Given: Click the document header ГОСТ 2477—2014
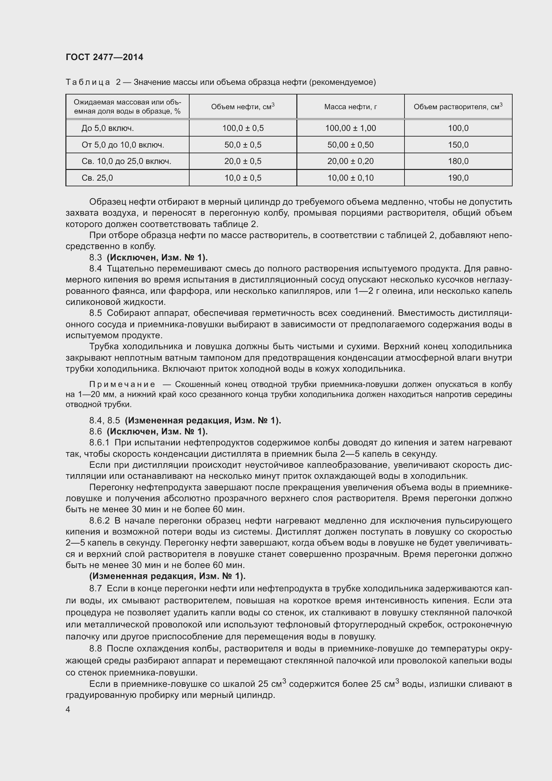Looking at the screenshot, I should click(x=104, y=57).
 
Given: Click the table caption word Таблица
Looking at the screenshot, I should click(x=88, y=82).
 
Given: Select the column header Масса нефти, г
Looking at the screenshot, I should click(x=350, y=107).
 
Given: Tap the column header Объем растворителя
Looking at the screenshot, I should click(x=458, y=107).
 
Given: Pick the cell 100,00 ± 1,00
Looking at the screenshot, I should click(x=350, y=128).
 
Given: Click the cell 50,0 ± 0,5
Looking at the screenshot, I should click(x=243, y=145).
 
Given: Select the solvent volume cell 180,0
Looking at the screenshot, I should click(x=458, y=161).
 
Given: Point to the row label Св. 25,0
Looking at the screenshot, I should click(x=97, y=178).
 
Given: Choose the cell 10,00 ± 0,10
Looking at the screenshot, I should click(x=350, y=178).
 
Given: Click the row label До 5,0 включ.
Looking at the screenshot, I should click(x=107, y=128).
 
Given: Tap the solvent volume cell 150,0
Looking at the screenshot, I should click(x=458, y=145).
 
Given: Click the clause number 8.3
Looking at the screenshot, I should click(x=95, y=257).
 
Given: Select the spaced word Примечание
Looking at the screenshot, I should click(x=122, y=384).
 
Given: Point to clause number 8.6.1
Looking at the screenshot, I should click(x=99, y=442).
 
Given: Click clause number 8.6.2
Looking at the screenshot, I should click(x=99, y=521).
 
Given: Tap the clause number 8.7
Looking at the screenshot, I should click(x=95, y=588).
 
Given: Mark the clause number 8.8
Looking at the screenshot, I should click(x=95, y=649).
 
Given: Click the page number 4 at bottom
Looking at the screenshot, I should click(x=68, y=710).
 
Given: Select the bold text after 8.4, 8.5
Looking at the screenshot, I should click(x=203, y=420).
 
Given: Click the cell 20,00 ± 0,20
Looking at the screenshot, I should click(x=350, y=161).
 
